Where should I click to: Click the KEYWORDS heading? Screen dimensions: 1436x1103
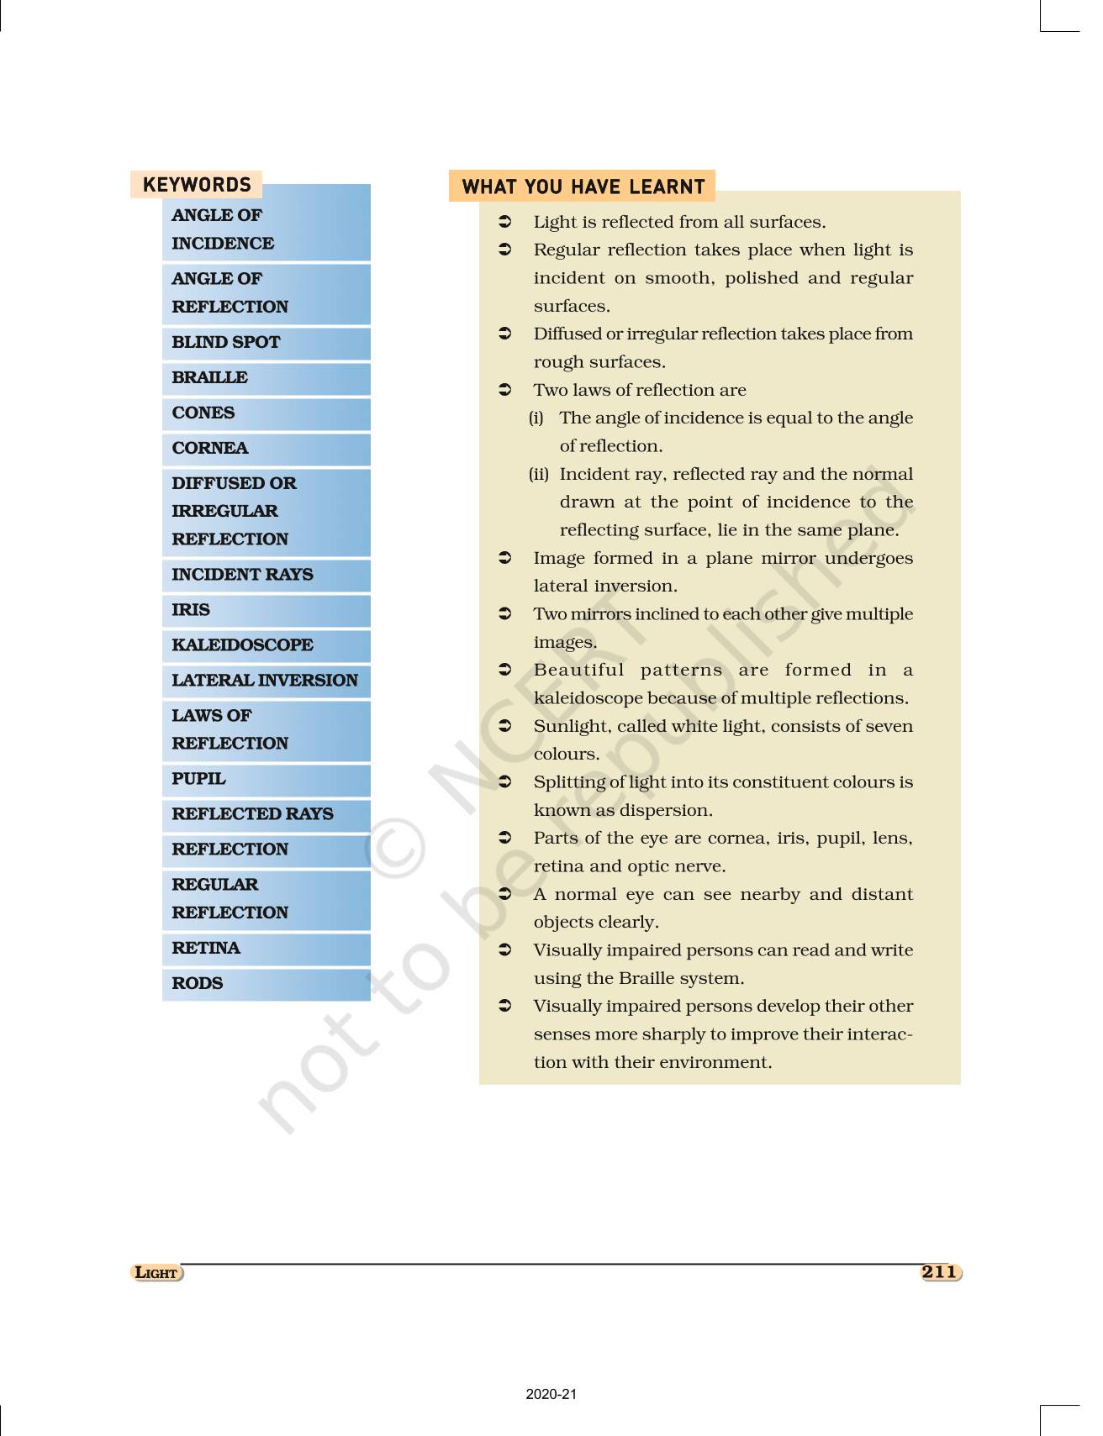(x=197, y=185)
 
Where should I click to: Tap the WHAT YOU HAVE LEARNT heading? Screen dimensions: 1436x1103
(x=583, y=187)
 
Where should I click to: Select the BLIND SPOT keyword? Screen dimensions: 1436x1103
(x=226, y=342)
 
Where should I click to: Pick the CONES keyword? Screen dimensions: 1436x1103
(x=203, y=413)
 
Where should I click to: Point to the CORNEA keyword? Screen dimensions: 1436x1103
(x=210, y=448)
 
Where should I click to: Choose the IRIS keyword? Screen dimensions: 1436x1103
(x=191, y=609)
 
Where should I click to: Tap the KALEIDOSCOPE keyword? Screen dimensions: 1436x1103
(x=242, y=644)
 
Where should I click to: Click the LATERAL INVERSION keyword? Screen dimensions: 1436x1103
(x=265, y=680)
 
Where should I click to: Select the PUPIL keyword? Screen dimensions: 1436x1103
(x=198, y=778)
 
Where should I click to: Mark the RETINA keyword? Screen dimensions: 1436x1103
(x=206, y=948)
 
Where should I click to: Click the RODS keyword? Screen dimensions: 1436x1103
(x=198, y=983)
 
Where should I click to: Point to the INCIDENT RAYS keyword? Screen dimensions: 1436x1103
(x=242, y=574)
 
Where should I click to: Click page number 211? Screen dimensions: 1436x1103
(x=940, y=1272)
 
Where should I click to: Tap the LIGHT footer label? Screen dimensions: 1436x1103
(x=157, y=1273)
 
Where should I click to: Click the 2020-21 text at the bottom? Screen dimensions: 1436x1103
(x=551, y=1394)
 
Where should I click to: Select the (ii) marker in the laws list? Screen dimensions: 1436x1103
(x=538, y=474)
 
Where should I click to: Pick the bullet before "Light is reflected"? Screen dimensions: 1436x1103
(x=505, y=222)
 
